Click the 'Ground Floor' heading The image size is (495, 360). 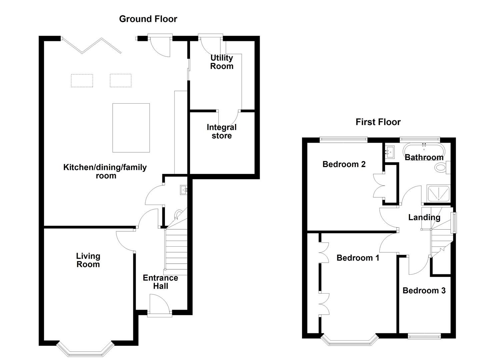(x=148, y=19)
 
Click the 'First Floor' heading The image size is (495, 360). (x=378, y=122)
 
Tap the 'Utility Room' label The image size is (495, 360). (x=221, y=62)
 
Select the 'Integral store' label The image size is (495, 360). (x=221, y=131)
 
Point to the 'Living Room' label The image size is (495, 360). (x=88, y=260)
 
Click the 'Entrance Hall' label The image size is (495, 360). (x=160, y=282)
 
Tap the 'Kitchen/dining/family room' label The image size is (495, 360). (x=105, y=171)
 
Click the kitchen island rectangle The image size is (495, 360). (x=131, y=128)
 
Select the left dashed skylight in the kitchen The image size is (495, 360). (x=82, y=81)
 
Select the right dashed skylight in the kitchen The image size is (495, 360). (x=121, y=81)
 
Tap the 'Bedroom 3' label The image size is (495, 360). (x=424, y=290)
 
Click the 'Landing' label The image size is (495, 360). (x=424, y=218)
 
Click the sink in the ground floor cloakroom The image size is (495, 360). (x=184, y=190)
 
